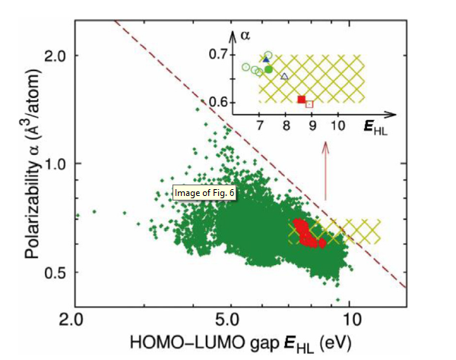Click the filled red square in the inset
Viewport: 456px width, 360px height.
click(x=301, y=99)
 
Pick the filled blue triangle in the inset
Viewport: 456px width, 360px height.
click(x=265, y=59)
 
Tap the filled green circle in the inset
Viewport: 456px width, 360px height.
click(x=268, y=69)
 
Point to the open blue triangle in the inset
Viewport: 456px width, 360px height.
click(x=285, y=76)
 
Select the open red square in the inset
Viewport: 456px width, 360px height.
click(x=309, y=103)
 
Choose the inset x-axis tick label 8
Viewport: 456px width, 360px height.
click(x=285, y=126)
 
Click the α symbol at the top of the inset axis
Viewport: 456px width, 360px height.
click(x=243, y=35)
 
